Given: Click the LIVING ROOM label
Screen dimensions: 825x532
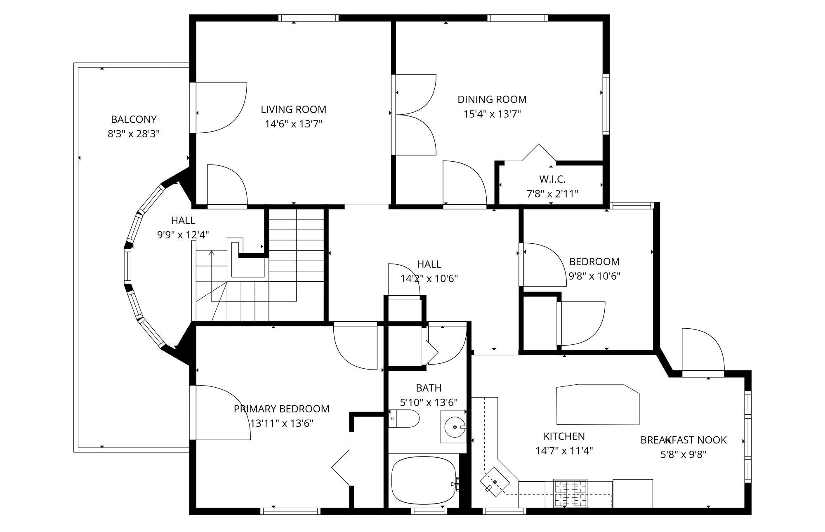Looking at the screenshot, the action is pyautogui.click(x=293, y=109).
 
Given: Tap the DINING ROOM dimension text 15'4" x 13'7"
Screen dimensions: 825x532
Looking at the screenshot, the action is pyautogui.click(x=492, y=114).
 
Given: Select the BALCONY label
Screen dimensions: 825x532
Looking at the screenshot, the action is pyautogui.click(x=134, y=120).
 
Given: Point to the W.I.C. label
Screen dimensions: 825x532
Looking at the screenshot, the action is pyautogui.click(x=552, y=179).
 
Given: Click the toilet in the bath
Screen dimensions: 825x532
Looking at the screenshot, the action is pyautogui.click(x=404, y=419).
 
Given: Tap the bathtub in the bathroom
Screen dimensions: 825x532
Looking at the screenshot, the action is pyautogui.click(x=424, y=480).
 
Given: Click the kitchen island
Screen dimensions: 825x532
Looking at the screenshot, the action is pyautogui.click(x=598, y=405).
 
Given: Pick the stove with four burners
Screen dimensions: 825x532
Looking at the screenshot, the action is pyautogui.click(x=570, y=493).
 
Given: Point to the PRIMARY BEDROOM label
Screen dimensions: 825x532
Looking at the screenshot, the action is pyautogui.click(x=282, y=409).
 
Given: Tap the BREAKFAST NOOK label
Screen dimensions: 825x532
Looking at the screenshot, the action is pyautogui.click(x=684, y=440).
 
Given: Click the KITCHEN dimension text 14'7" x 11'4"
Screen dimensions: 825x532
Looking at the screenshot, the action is pyautogui.click(x=564, y=451).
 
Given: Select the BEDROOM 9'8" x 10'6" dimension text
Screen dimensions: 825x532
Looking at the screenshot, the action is pyautogui.click(x=594, y=276).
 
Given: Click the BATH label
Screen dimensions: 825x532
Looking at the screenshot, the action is pyautogui.click(x=429, y=388).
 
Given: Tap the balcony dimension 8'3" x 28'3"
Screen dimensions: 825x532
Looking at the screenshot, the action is pyautogui.click(x=134, y=134).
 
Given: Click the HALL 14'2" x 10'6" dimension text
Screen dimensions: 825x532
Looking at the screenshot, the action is pyautogui.click(x=429, y=279).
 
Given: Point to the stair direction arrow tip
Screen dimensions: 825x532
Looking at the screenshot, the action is pyautogui.click(x=212, y=251).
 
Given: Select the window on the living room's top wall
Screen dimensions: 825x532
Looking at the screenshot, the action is pyautogui.click(x=309, y=18).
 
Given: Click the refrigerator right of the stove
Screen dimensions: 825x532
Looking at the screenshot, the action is pyautogui.click(x=633, y=493).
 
